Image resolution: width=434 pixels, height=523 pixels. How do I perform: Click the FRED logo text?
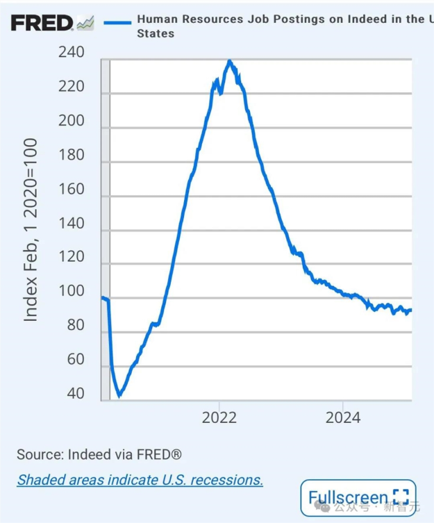(42, 23)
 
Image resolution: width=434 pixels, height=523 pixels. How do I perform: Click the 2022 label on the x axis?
(219, 417)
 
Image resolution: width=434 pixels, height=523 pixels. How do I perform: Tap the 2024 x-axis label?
(343, 417)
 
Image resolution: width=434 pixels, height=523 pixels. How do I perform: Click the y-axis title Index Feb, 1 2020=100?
(31, 229)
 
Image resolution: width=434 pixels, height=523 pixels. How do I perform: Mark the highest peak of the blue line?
(230, 61)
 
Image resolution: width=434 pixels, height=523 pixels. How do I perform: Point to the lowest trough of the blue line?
(119, 395)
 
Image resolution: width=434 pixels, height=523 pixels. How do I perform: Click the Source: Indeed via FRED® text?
(99, 454)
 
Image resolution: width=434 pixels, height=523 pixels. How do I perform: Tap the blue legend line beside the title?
(117, 22)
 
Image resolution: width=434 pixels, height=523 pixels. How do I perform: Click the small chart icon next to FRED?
(85, 24)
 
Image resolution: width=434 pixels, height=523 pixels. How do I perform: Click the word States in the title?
(156, 33)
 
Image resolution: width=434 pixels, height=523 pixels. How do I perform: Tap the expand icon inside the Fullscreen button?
(400, 497)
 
